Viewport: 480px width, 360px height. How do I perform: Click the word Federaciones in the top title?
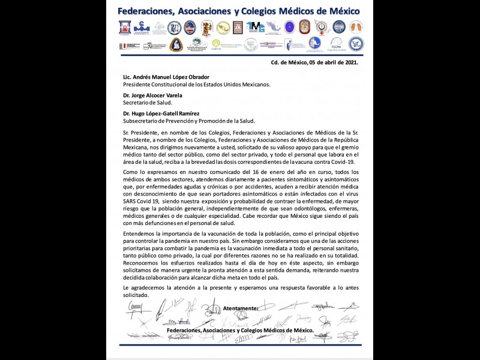pyautogui.click(x=149, y=11)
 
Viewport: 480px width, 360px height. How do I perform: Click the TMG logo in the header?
pyautogui.click(x=256, y=27)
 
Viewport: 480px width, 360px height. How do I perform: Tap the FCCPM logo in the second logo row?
pyautogui.click(x=336, y=44)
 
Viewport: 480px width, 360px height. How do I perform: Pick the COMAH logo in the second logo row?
pyautogui.click(x=217, y=44)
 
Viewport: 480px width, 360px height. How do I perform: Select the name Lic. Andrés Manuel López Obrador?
pyautogui.click(x=166, y=77)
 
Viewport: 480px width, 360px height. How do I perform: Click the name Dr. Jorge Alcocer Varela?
pyautogui.click(x=152, y=95)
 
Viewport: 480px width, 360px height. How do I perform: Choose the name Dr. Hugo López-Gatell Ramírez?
pyautogui.click(x=161, y=113)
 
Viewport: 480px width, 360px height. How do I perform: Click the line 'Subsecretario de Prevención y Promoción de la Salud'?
pyautogui.click(x=189, y=120)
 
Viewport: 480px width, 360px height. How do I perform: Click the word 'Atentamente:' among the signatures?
pyautogui.click(x=241, y=308)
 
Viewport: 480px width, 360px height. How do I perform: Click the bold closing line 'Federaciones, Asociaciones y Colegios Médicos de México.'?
pyautogui.click(x=240, y=330)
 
